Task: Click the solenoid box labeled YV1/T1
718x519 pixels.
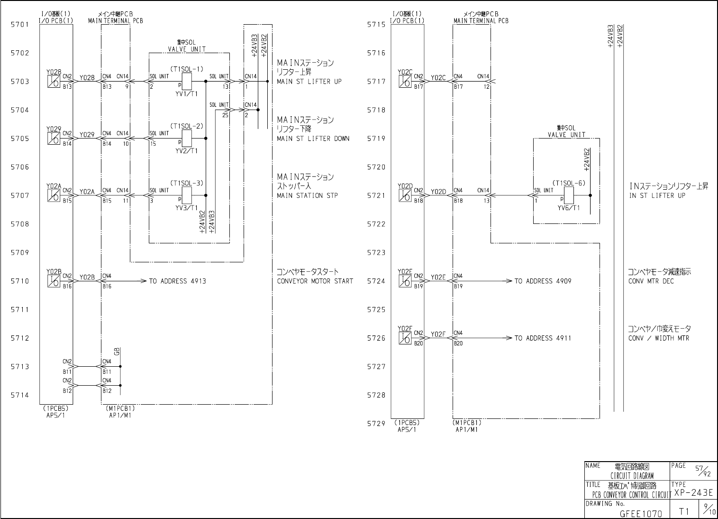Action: point(186,82)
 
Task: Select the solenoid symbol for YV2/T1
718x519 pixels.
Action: point(186,139)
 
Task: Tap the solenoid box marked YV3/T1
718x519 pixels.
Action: point(186,195)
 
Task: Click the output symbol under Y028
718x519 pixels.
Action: point(54,82)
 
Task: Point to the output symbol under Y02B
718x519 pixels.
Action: point(54,281)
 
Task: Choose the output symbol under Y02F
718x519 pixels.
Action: point(405,338)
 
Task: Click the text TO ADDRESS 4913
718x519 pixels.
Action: point(178,281)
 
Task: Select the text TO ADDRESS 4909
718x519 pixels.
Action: point(543,281)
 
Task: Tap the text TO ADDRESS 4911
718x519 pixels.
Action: point(543,338)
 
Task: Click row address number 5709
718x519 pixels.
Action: point(20,253)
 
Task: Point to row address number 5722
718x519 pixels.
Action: point(376,224)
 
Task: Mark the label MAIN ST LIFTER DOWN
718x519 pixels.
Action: point(313,139)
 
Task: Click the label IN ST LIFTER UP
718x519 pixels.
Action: point(657,195)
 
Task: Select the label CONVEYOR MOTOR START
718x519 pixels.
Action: point(315,281)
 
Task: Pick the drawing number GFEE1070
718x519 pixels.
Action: point(641,513)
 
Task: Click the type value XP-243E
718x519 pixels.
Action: point(693,493)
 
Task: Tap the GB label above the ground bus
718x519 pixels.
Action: point(117,352)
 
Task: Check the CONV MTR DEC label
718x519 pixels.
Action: point(651,281)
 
